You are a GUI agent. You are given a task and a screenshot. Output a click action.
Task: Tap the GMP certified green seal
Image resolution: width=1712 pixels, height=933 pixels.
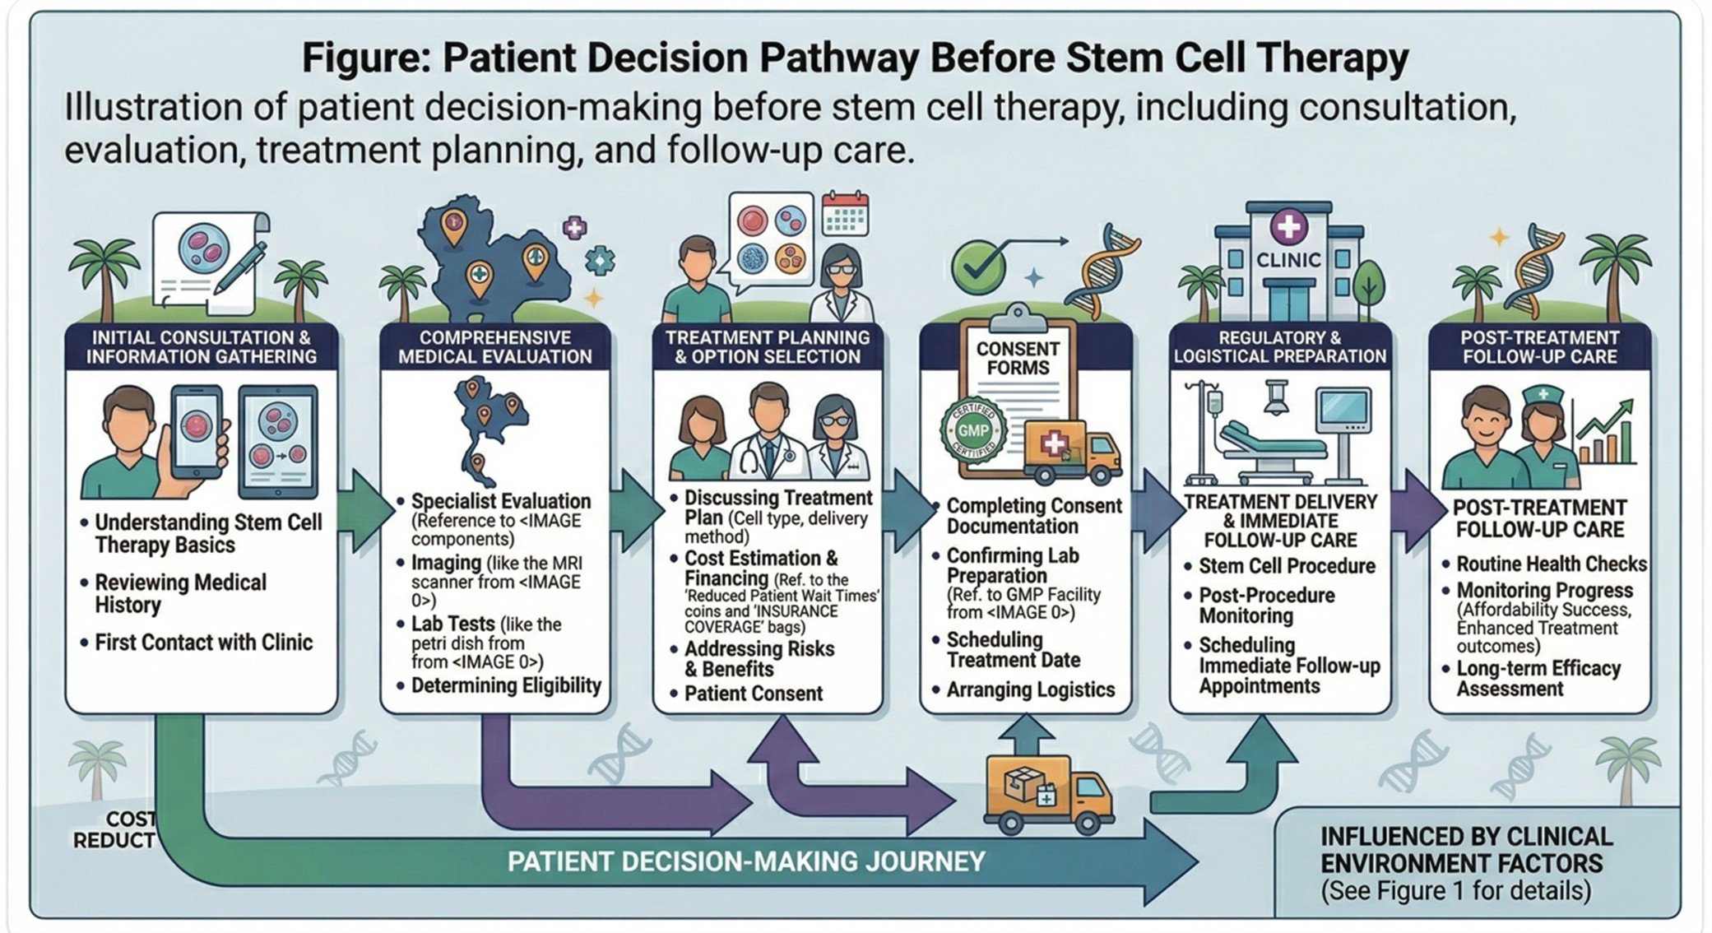coord(973,430)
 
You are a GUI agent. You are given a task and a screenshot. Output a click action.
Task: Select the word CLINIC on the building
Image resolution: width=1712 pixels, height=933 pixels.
coord(1288,260)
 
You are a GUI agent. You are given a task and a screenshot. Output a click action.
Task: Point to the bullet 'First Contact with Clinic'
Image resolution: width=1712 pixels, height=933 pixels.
coord(203,643)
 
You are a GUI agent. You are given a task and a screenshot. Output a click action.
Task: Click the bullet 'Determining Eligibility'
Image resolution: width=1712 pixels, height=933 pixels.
coord(505,685)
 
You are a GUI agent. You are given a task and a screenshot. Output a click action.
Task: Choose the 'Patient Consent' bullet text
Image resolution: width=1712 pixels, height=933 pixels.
coord(753,694)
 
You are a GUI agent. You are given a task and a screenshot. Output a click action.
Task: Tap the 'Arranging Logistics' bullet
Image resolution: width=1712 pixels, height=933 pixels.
coord(1030,689)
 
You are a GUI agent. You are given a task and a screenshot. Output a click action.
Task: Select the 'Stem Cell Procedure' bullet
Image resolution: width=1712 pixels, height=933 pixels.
coord(1286,566)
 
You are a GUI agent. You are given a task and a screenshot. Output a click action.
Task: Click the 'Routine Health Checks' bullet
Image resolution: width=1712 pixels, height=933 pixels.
coord(1551,564)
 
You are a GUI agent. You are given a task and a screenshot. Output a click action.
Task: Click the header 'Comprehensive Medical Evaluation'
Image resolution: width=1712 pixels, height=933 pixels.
coord(494,347)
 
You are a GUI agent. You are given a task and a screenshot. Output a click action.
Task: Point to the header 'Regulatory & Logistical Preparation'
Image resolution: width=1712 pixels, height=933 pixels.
coord(1279,347)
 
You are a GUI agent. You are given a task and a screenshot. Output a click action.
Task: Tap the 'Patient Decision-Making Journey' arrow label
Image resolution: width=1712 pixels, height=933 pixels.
coord(745,861)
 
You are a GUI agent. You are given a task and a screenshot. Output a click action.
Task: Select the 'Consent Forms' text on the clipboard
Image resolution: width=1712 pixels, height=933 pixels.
coord(1017,358)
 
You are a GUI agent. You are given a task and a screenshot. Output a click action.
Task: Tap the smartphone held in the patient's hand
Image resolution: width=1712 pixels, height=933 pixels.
coord(197,431)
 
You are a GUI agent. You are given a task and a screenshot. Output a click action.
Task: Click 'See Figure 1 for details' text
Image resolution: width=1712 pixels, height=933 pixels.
coord(1455,891)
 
